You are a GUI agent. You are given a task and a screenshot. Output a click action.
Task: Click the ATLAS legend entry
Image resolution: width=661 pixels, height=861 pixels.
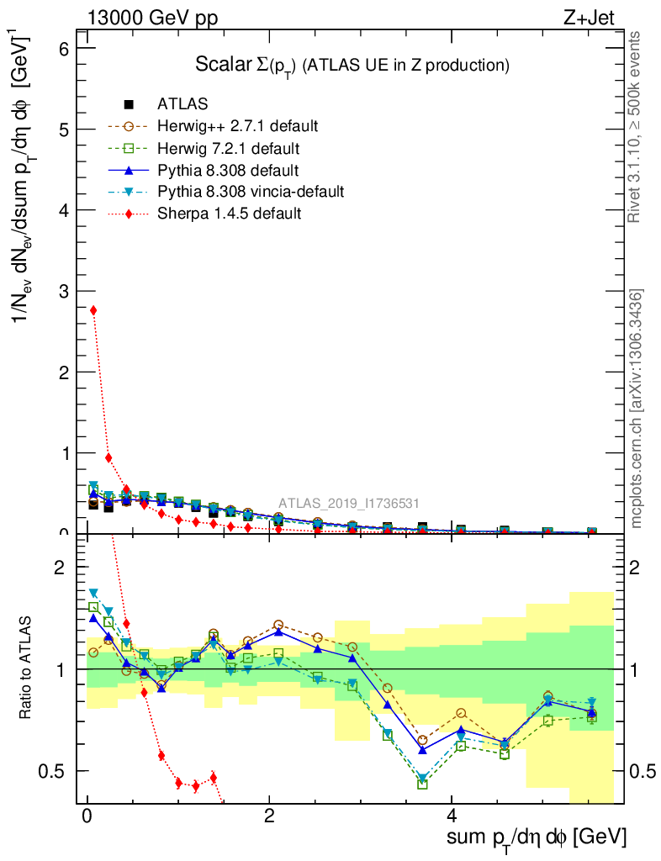click(182, 105)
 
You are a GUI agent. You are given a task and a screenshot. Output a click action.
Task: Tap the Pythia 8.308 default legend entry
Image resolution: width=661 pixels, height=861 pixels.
click(227, 171)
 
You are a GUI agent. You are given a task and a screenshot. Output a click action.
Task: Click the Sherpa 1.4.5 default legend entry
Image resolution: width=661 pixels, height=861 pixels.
click(229, 214)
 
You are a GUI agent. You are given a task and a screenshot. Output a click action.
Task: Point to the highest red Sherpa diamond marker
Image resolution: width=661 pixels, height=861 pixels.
click(93, 310)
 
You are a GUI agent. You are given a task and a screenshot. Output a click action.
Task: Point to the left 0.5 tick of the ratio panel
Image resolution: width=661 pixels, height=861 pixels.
click(56, 771)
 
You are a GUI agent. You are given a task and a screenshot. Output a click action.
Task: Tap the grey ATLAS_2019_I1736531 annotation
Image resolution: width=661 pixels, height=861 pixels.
click(349, 504)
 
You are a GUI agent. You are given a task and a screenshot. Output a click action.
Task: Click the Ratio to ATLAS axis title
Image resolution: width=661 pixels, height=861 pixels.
click(26, 668)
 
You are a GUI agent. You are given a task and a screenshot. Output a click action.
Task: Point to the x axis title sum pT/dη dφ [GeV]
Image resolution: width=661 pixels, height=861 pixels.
click(535, 837)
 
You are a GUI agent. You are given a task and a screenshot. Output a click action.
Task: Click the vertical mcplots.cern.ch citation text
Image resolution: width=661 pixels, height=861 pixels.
click(637, 409)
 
